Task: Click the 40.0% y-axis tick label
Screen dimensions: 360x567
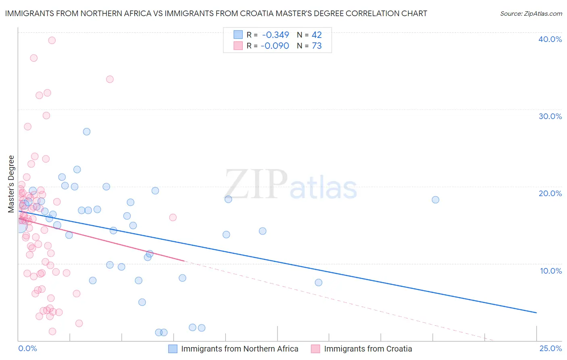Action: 550,39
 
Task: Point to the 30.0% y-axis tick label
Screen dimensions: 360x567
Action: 550,116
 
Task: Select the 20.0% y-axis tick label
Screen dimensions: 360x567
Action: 550,193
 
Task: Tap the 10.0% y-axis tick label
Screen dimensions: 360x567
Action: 550,271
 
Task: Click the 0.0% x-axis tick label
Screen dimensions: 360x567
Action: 27,349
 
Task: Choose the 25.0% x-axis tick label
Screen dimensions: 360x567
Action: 550,349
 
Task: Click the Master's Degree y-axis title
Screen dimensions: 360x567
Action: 11,184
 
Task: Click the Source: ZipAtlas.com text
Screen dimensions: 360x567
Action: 531,14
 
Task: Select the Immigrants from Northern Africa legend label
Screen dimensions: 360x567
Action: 240,349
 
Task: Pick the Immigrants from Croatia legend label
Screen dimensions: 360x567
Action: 368,349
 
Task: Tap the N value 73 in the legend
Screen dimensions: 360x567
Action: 317,46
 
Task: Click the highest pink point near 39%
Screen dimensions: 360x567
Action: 52,40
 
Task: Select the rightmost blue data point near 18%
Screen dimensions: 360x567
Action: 435,200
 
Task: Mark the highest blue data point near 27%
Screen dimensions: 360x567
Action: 86,132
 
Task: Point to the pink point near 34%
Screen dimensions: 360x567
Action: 110,79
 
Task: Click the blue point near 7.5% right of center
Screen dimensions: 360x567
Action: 319,283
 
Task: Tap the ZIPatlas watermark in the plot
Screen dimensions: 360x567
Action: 290,185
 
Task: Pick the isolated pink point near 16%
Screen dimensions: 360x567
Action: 173,218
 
